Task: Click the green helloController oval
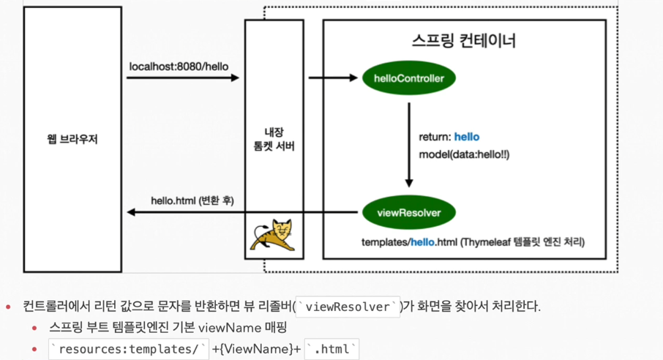point(408,78)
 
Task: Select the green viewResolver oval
point(408,213)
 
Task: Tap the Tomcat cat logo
point(271,234)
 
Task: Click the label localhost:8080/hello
point(179,67)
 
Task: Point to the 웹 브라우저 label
point(72,139)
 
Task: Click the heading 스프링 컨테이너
point(464,40)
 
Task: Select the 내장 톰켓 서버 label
point(274,138)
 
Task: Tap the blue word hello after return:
point(467,137)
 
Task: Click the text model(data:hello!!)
point(464,155)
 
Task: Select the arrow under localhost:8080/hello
point(183,78)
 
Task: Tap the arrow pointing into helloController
point(333,78)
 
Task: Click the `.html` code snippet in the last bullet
point(331,348)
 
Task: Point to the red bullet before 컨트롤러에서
point(10,307)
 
